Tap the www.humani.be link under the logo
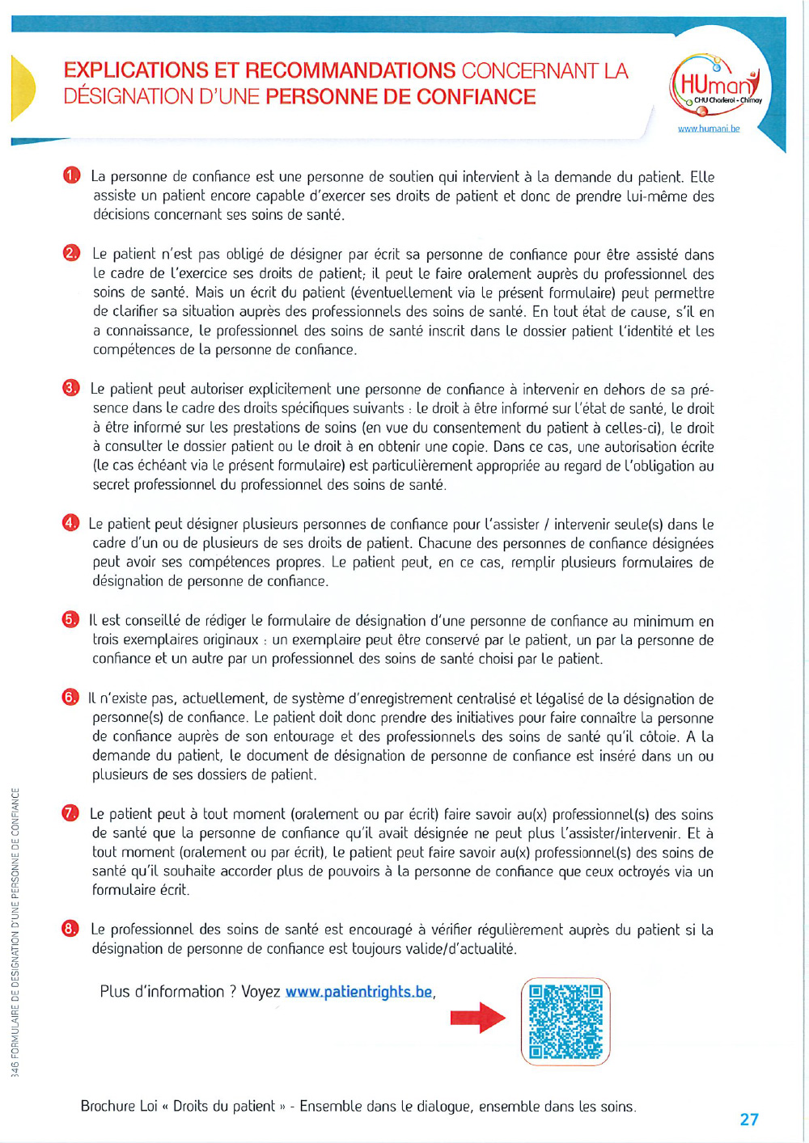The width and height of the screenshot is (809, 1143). coord(709,129)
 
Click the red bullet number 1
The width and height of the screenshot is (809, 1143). coord(72,175)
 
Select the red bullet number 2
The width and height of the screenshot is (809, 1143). coord(72,253)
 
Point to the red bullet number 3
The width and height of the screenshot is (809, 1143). coord(71,388)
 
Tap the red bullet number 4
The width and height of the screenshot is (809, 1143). coord(71,523)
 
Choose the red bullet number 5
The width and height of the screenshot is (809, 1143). coord(70,620)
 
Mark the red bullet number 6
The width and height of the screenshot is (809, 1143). coord(70,698)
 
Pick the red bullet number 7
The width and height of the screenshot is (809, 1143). coord(70,813)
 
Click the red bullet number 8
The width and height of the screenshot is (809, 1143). coord(70,929)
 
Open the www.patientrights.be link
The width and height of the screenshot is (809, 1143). coord(359,992)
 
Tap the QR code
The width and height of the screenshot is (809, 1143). coord(565,1021)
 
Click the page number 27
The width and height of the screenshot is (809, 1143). coord(749,1120)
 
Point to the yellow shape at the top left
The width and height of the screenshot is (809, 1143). coord(23,87)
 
